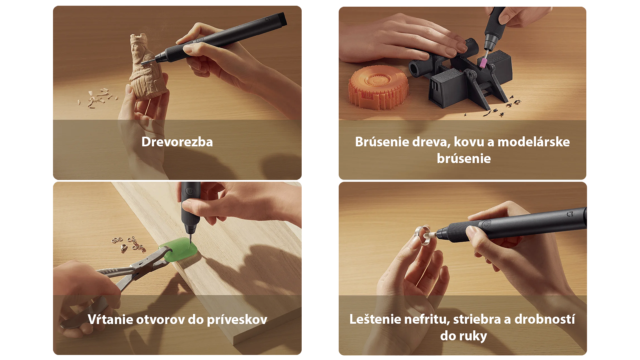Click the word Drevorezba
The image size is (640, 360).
coord(177,142)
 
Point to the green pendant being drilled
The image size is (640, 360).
coord(180,250)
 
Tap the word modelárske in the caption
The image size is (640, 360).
coord(533,142)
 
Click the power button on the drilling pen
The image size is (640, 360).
coord(190,191)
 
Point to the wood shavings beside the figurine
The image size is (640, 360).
coord(98,97)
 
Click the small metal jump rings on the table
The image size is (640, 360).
coord(129,244)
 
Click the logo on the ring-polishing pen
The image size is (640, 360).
coord(570,214)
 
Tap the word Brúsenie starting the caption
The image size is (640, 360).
coord(382,142)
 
